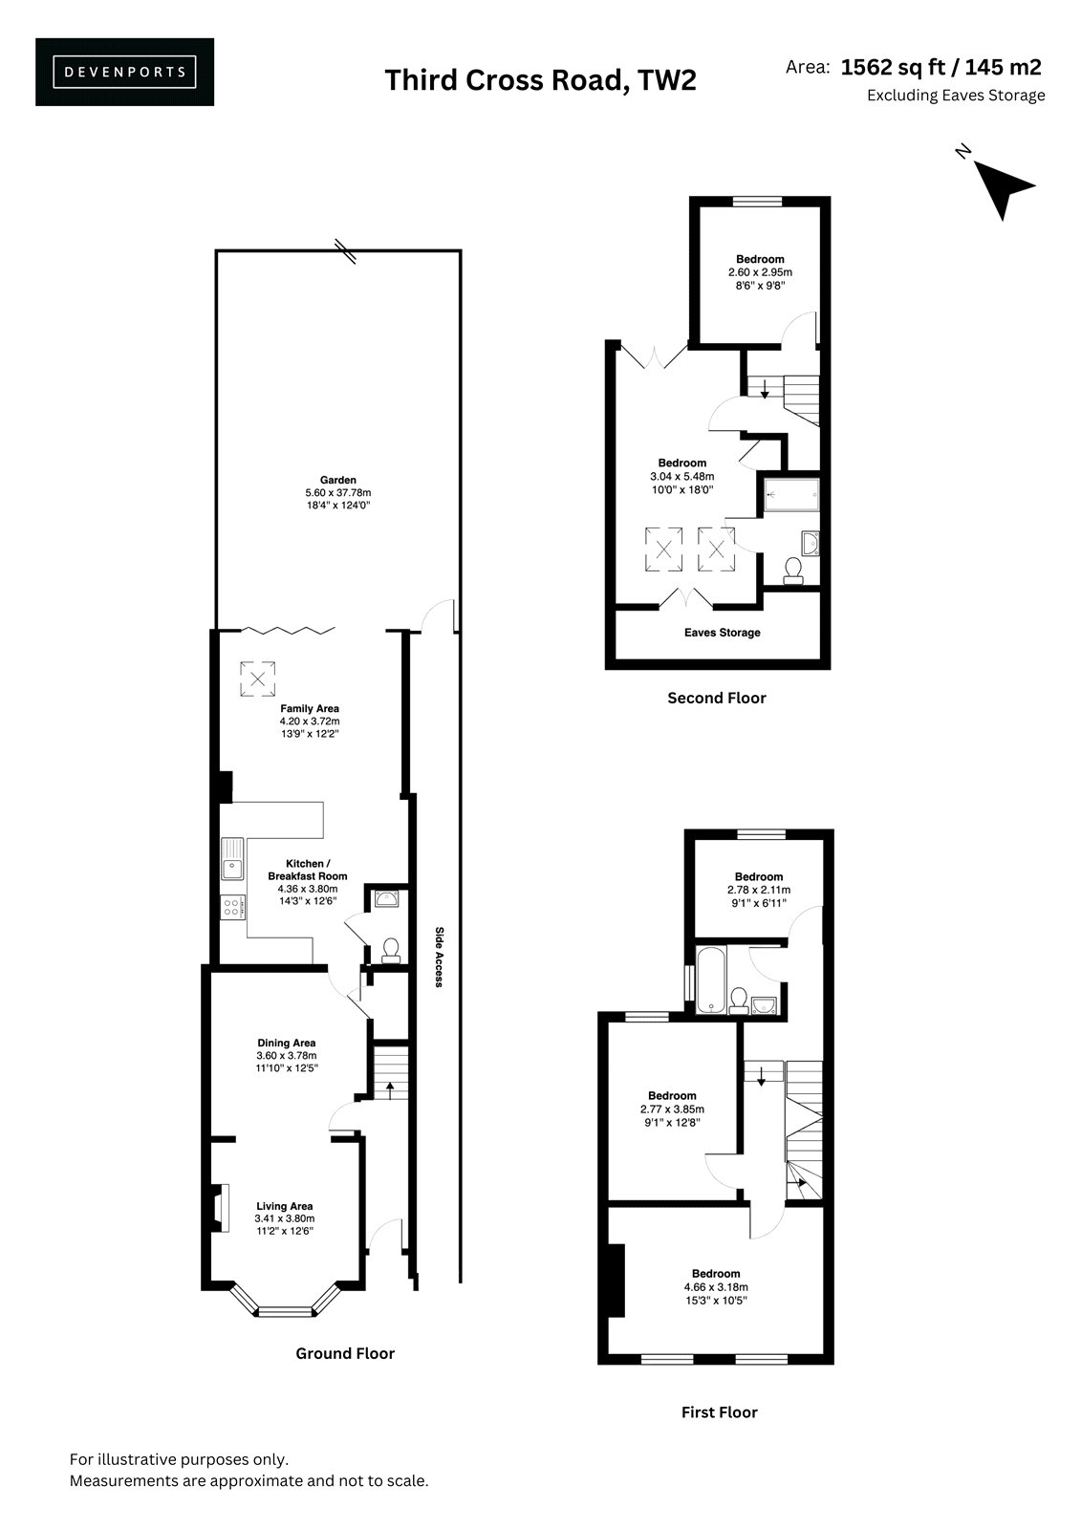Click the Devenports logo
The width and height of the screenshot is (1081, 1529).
124,72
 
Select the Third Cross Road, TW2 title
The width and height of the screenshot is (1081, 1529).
540,80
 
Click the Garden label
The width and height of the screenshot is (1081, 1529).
338,480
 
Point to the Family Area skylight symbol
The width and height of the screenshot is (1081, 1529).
257,678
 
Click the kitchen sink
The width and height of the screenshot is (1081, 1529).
232,858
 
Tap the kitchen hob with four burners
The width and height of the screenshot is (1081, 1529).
232,907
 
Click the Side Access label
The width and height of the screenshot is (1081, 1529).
439,957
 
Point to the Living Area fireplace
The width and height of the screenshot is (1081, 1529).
219,1208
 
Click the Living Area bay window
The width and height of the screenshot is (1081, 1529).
286,1301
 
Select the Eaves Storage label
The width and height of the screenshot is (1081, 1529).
722,633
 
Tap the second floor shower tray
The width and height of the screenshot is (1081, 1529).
790,494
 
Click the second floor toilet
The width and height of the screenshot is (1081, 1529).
793,571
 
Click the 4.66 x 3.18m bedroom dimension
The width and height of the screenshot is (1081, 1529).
716,1286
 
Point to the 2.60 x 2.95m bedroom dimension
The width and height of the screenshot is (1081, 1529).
760,272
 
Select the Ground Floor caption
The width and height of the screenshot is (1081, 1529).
345,1353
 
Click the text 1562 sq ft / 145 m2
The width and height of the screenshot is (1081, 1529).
941,67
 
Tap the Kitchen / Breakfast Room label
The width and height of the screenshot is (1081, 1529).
308,870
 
